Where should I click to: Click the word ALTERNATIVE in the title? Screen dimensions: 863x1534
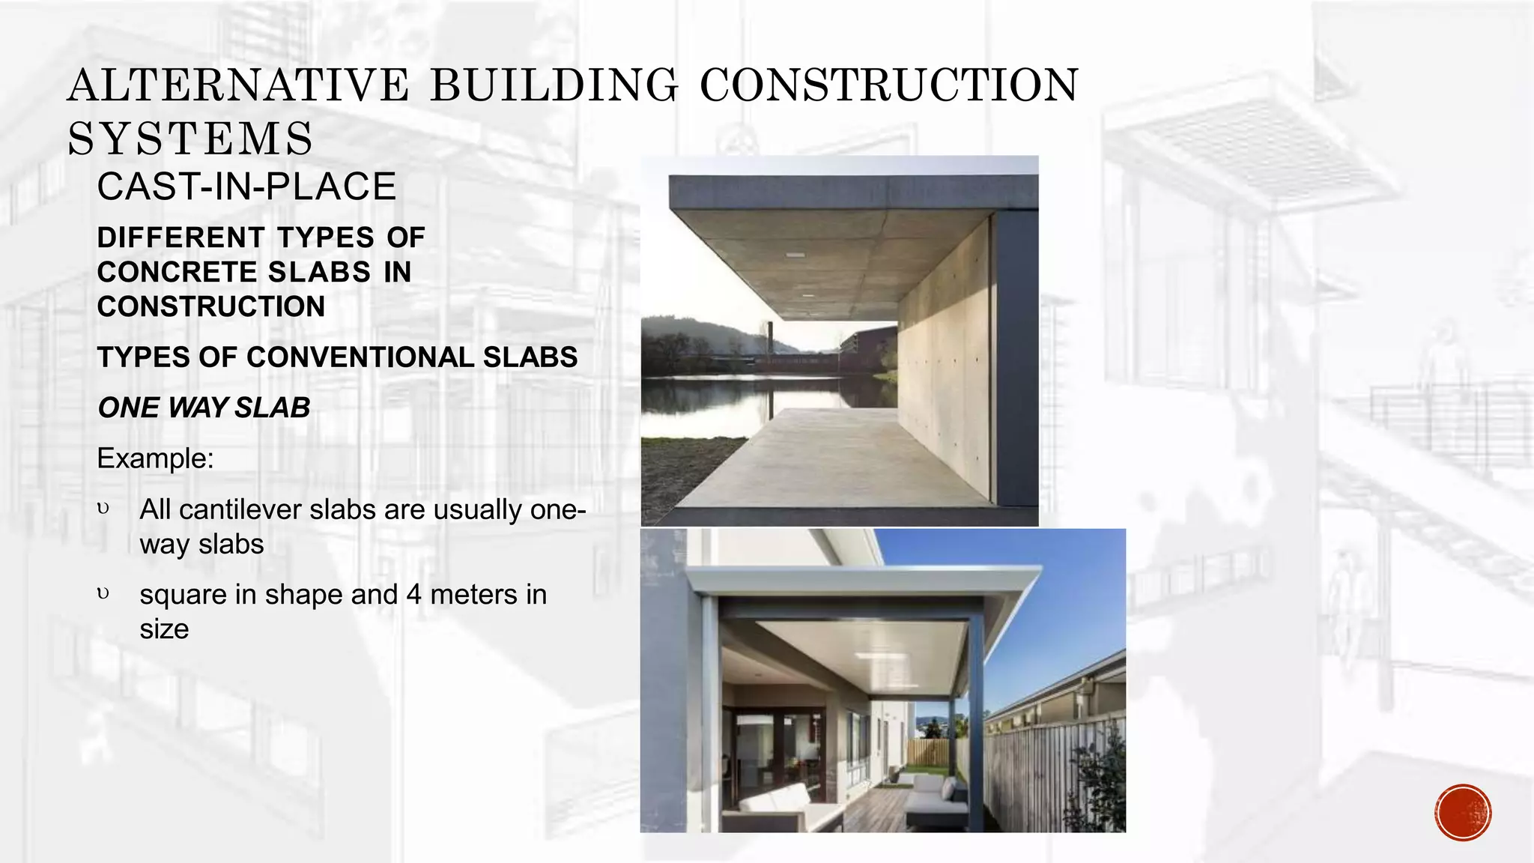click(238, 85)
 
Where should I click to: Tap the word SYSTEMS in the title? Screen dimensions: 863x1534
click(190, 139)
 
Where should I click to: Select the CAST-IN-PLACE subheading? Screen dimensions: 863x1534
click(246, 187)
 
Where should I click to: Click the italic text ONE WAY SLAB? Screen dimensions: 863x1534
click(204, 408)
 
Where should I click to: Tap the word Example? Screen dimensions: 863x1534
click(155, 458)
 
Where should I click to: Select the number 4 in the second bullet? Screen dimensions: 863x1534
click(413, 595)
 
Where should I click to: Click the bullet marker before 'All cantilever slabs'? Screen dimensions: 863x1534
click(103, 509)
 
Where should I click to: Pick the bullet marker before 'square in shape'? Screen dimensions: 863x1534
click(103, 595)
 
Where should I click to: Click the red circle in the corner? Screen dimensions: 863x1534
click(1463, 813)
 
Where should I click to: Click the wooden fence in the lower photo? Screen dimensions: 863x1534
click(1049, 772)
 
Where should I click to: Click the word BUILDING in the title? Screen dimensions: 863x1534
click(554, 85)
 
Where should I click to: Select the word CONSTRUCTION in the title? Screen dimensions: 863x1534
click(889, 85)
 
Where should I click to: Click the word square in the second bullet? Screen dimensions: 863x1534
click(183, 595)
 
